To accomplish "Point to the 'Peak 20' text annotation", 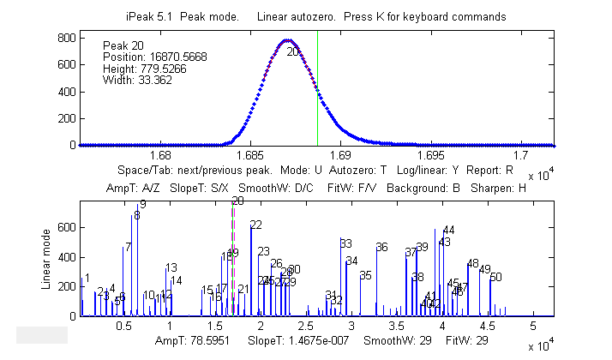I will coord(120,45).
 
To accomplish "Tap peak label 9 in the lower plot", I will coord(142,204).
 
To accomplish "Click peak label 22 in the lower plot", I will coord(255,225).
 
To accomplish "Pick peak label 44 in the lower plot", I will coord(448,230).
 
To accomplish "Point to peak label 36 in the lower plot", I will coord(381,248).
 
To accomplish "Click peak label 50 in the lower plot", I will coord(495,277).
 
